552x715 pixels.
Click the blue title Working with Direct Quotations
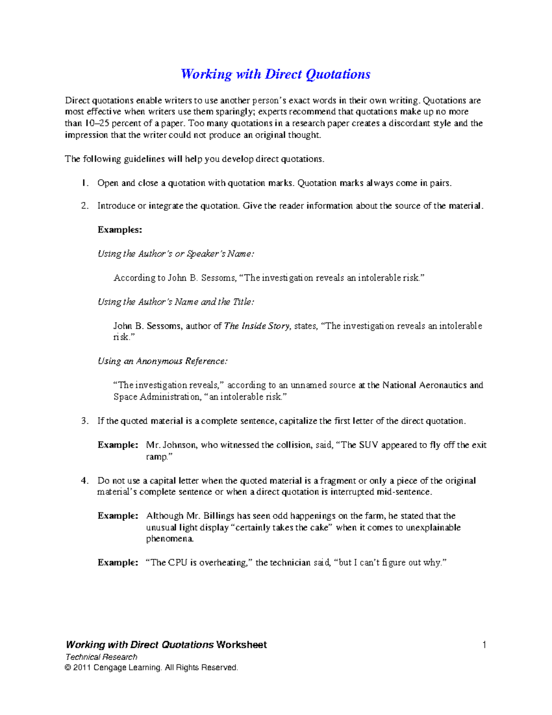click(275, 74)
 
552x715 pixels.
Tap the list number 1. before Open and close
click(85, 183)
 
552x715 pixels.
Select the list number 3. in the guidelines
click(85, 421)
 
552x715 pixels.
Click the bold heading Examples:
click(120, 230)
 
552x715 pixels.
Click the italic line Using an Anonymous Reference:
click(162, 361)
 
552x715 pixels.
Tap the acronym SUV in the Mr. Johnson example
click(368, 445)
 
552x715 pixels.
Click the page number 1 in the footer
click(484, 645)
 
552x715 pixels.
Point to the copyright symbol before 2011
click(69, 668)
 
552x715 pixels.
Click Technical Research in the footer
click(101, 657)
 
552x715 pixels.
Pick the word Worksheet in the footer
click(241, 645)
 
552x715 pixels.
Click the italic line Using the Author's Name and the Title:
click(176, 302)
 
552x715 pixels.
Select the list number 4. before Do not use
click(85, 481)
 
